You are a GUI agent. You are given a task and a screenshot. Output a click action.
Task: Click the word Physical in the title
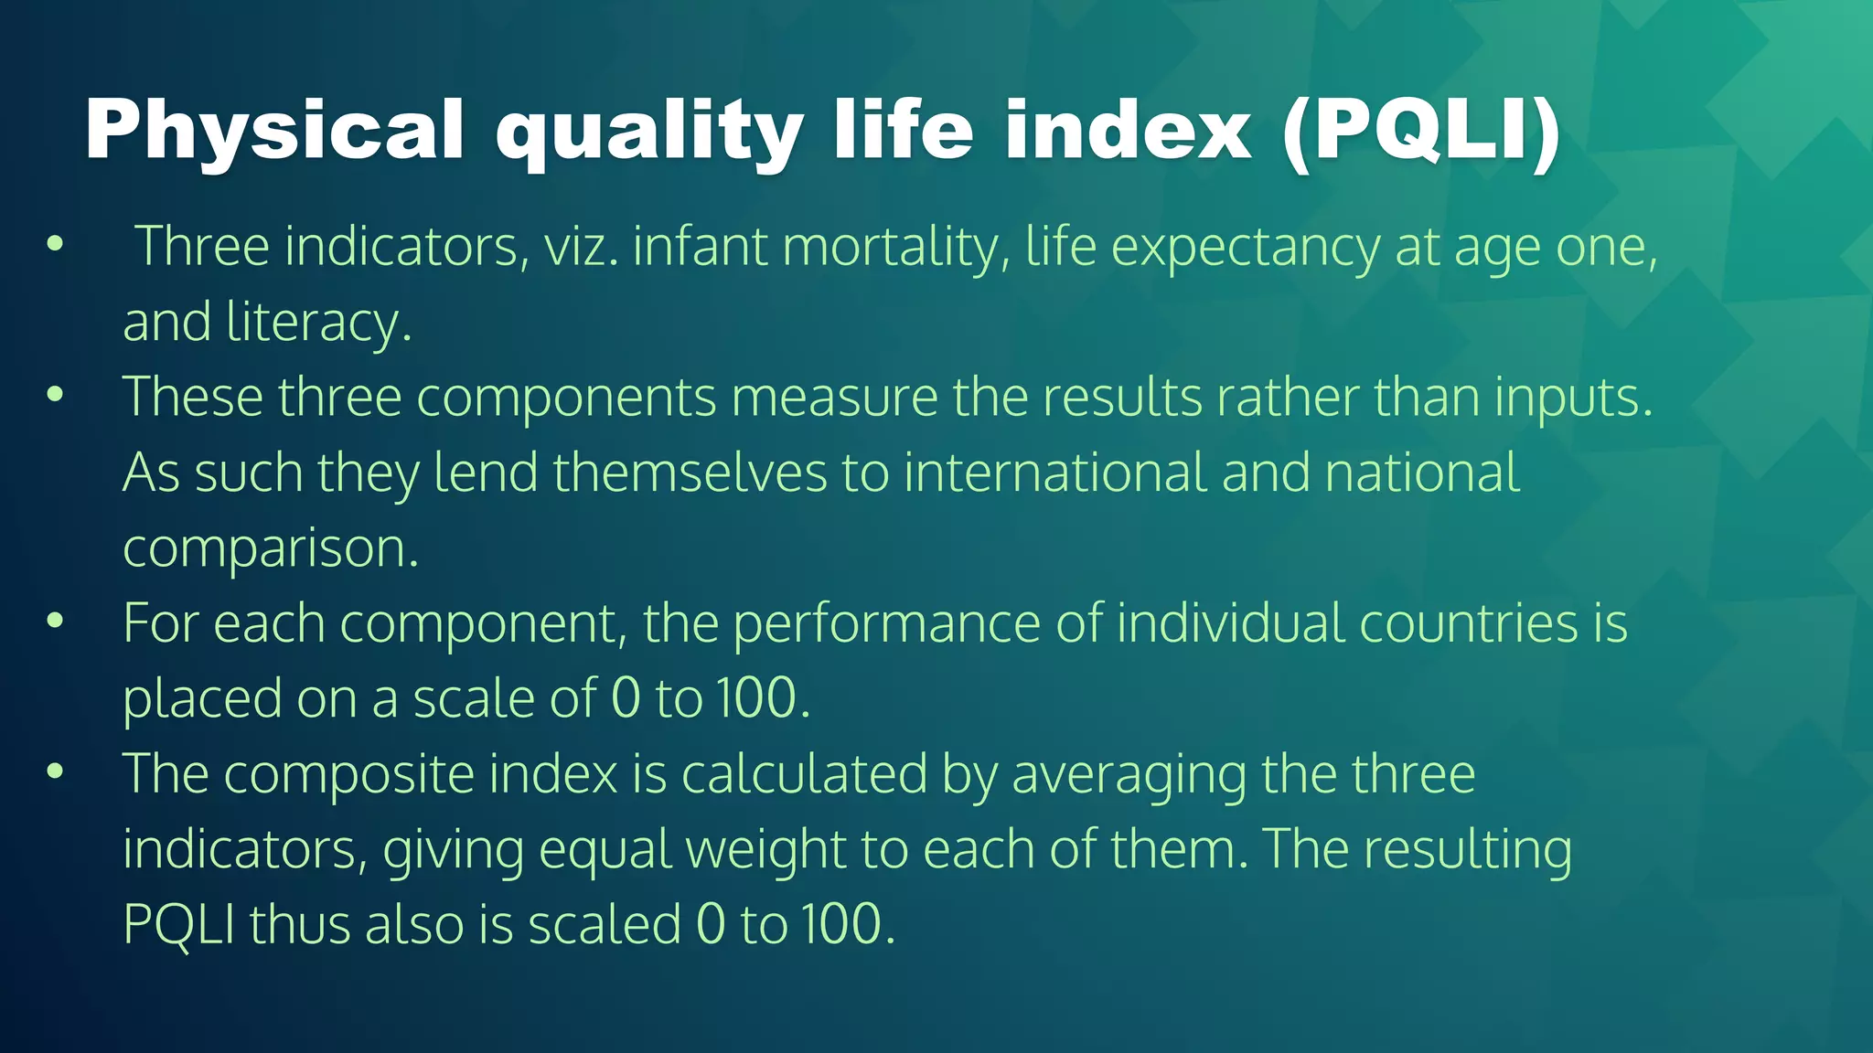pyautogui.click(x=274, y=131)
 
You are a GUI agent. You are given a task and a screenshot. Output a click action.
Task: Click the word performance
pyautogui.click(x=886, y=624)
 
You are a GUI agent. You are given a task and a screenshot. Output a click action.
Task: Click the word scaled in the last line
pyautogui.click(x=605, y=924)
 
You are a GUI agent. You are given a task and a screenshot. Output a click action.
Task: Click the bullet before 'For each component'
pyautogui.click(x=56, y=622)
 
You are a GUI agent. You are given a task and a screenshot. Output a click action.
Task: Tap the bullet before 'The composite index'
pyautogui.click(x=56, y=772)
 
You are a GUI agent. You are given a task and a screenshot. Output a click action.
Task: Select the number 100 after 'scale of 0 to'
pyautogui.click(x=757, y=699)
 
